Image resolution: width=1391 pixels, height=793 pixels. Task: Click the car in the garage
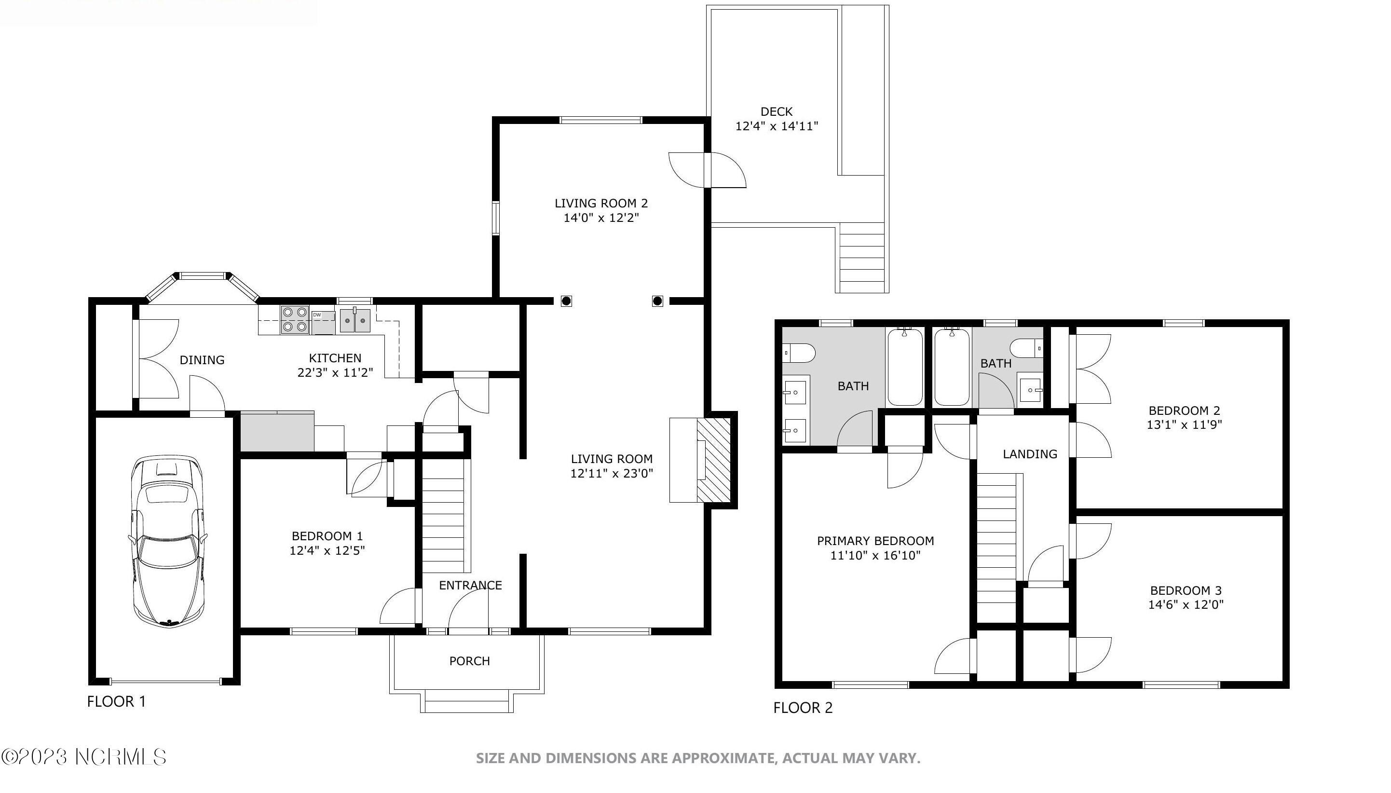(x=168, y=541)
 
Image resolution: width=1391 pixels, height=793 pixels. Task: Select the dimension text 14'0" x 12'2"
(x=600, y=218)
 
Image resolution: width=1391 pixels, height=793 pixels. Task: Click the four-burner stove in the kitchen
(x=295, y=320)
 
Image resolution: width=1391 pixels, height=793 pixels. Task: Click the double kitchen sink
(x=355, y=320)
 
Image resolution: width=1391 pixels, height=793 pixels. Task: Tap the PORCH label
(x=469, y=661)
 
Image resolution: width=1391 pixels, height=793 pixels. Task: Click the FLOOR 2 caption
(x=803, y=708)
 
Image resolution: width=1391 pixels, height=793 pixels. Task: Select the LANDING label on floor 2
(x=1029, y=454)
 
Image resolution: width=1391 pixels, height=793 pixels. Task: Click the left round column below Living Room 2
(x=566, y=301)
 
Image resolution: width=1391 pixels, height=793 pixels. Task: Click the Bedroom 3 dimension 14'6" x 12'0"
(x=1186, y=604)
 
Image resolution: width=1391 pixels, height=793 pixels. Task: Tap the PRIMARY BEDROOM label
(x=875, y=541)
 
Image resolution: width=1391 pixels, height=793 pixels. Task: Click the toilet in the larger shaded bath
(x=799, y=353)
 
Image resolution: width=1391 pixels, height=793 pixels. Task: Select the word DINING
(x=202, y=360)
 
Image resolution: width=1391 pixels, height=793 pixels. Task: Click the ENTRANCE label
(x=470, y=586)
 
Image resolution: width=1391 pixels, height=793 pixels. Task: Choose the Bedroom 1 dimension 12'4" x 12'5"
(x=327, y=551)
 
